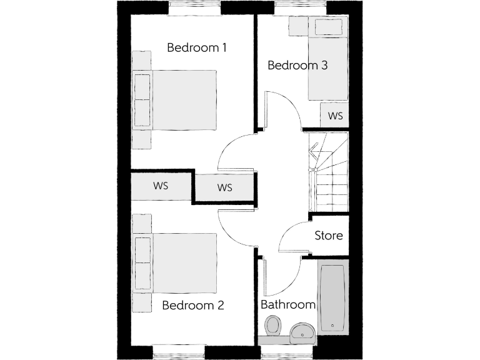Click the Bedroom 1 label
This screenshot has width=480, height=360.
[x=196, y=47]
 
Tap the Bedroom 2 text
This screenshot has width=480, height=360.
[x=192, y=306]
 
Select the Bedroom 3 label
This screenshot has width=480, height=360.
[x=297, y=65]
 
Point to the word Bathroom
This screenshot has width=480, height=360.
[x=287, y=305]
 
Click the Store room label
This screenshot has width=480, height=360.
[x=328, y=236]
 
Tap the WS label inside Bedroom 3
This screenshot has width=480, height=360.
[x=336, y=116]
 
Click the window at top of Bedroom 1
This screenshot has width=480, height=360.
[x=196, y=7]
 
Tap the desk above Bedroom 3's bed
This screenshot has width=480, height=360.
[x=328, y=27]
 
